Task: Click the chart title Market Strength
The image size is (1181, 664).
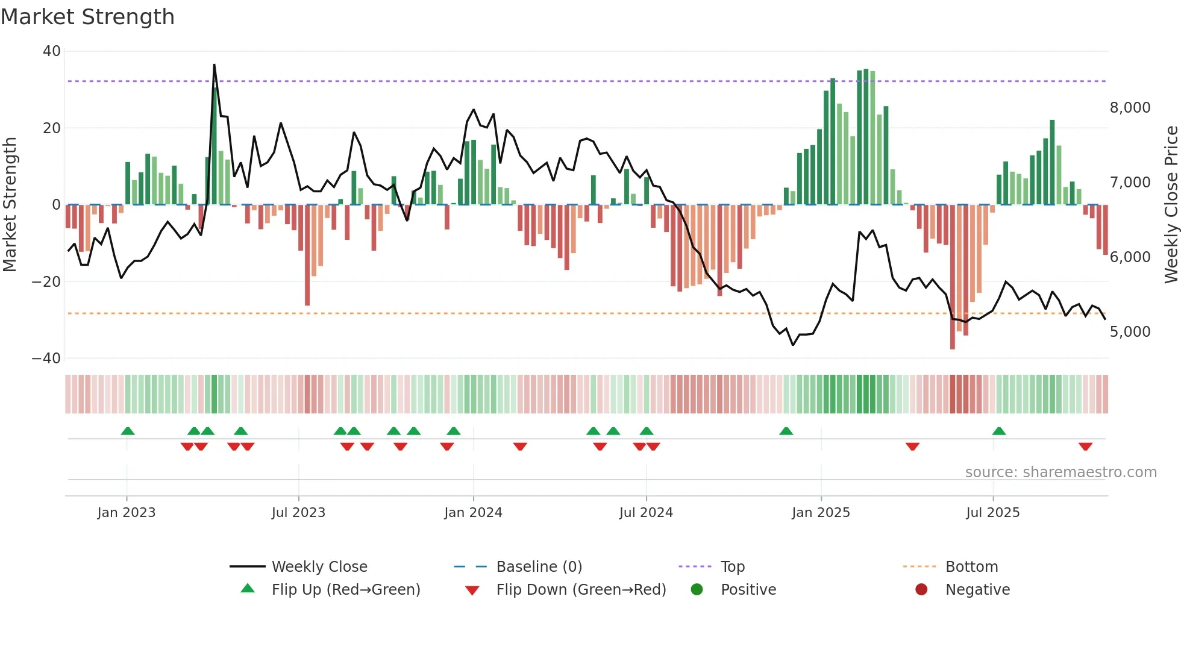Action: point(87,17)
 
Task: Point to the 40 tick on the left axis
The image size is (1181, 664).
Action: point(52,51)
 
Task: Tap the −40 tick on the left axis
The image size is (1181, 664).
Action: point(46,359)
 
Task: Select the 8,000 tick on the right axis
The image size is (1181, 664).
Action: point(1130,108)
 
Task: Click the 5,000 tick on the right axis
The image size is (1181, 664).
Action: point(1130,332)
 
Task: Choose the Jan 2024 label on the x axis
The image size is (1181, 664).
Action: point(473,513)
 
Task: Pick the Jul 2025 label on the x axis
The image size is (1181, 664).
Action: point(992,513)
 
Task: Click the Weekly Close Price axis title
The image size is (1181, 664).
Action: point(1171,205)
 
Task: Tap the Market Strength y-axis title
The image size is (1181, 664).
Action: point(10,205)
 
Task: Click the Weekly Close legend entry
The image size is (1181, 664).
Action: point(319,567)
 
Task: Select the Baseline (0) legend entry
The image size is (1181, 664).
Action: point(539,567)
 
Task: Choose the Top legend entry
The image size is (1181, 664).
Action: point(732,567)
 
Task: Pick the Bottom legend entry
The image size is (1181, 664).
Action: point(971,567)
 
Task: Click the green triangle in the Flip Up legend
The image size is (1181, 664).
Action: point(248,589)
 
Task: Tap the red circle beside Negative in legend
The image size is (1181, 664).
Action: point(921,589)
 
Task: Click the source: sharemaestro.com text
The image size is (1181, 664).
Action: point(1060,472)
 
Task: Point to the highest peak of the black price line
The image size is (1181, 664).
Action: point(214,65)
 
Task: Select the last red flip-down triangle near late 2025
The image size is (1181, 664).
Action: point(1085,446)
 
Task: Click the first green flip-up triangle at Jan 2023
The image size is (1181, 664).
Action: point(128,431)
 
